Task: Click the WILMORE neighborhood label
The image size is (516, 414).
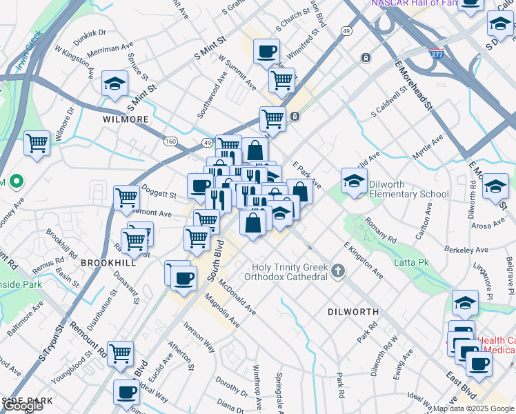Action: click(126, 119)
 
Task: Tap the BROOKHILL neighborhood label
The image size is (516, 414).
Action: click(108, 263)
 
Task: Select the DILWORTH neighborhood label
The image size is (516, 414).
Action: click(353, 312)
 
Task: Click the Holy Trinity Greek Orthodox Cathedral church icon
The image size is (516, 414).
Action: click(337, 270)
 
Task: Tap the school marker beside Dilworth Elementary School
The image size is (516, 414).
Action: click(354, 181)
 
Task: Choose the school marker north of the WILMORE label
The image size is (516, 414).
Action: click(115, 84)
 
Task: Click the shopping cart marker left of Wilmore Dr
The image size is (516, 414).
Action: click(37, 144)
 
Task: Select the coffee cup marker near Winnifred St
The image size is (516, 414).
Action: click(266, 51)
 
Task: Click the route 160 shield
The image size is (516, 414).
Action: click(170, 141)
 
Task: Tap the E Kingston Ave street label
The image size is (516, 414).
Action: click(363, 261)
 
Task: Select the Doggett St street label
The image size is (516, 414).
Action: click(159, 190)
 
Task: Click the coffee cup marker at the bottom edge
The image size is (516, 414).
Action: click(126, 393)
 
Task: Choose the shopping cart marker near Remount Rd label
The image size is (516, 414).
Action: click(121, 354)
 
